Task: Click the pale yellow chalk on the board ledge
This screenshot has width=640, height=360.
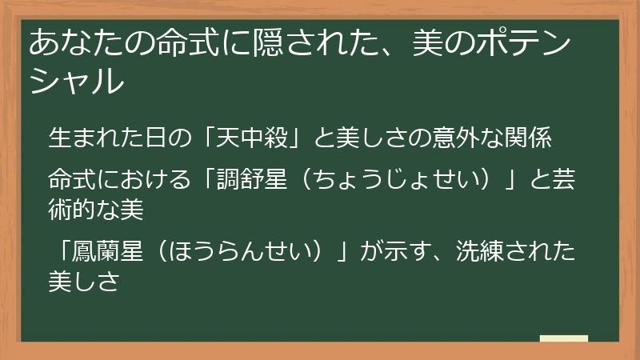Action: click(563, 338)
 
